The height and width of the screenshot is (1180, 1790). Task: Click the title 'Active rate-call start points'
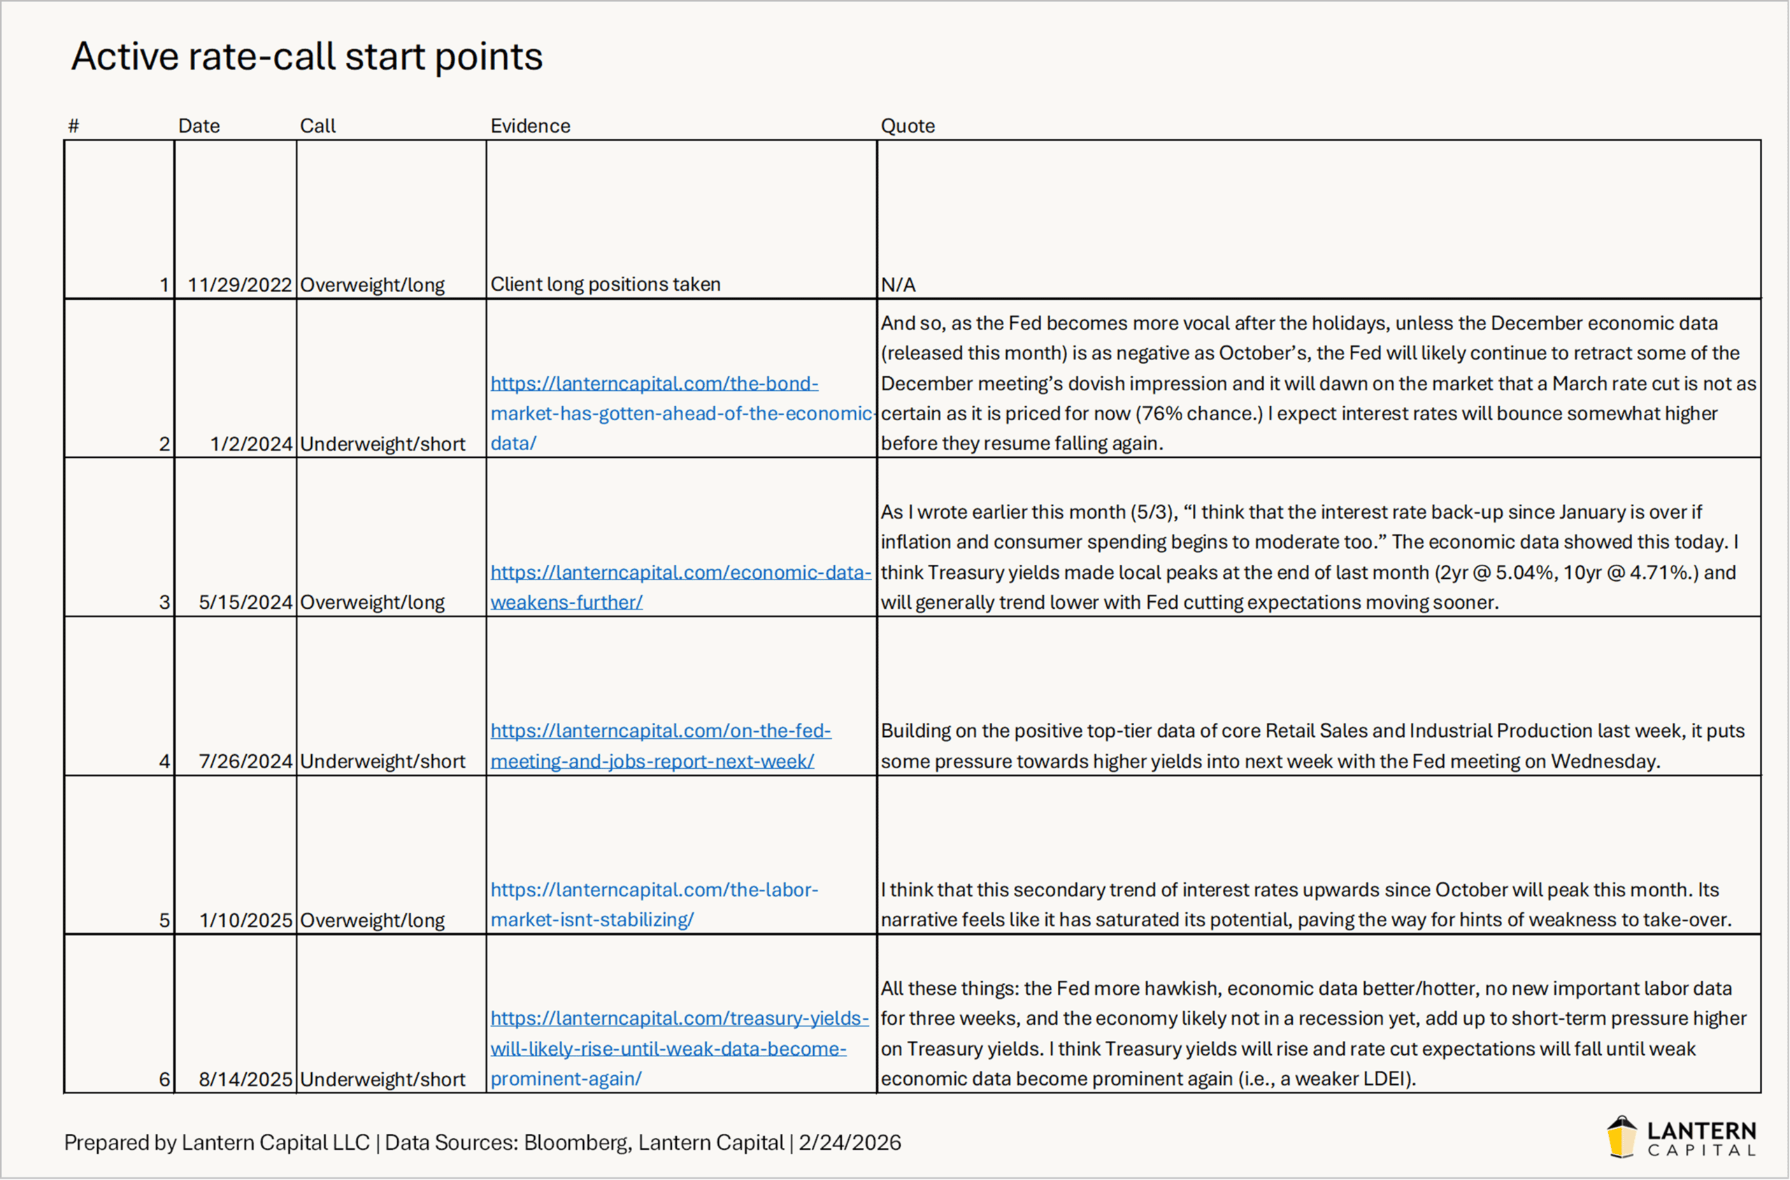pyautogui.click(x=306, y=57)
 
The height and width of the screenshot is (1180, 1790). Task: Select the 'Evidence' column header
pyautogui.click(x=530, y=126)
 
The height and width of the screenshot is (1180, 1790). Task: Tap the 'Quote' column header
pyautogui.click(x=907, y=126)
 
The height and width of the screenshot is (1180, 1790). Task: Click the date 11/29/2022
pyautogui.click(x=239, y=285)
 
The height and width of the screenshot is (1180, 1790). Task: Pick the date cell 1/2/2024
pyautogui.click(x=250, y=444)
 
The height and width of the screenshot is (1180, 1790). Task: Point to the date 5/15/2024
pyautogui.click(x=245, y=602)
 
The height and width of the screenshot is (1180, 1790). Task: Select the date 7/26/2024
pyautogui.click(x=245, y=761)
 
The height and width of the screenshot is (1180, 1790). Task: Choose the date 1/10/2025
pyautogui.click(x=245, y=920)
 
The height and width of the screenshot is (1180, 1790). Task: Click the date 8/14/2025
pyautogui.click(x=245, y=1079)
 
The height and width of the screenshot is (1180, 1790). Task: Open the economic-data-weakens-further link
pyautogui.click(x=680, y=587)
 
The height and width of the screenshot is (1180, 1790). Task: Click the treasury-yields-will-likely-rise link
pyautogui.click(x=678, y=1049)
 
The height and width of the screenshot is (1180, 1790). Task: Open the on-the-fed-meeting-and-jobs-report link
pyautogui.click(x=660, y=746)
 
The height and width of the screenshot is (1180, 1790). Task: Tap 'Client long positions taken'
pyautogui.click(x=606, y=285)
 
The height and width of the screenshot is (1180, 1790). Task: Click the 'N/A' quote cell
pyautogui.click(x=898, y=285)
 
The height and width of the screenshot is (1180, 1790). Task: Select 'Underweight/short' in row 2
pyautogui.click(x=382, y=444)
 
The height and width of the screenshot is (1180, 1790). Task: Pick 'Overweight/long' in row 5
pyautogui.click(x=372, y=920)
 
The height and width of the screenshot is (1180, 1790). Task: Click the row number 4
pyautogui.click(x=164, y=761)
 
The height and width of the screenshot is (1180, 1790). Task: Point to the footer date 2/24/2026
pyautogui.click(x=849, y=1142)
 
